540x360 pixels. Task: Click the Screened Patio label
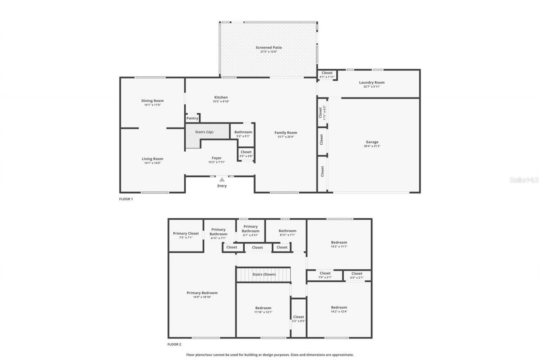(268, 48)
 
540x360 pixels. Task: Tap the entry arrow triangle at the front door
(222, 180)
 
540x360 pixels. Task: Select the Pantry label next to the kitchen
(192, 119)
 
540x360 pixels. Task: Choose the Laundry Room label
(372, 83)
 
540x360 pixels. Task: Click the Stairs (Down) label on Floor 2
(264, 274)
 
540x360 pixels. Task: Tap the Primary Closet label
(186, 233)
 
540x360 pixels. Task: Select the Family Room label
(286, 133)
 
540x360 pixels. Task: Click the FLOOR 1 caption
(126, 199)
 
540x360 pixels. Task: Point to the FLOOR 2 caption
(174, 344)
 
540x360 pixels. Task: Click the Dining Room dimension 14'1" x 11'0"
(152, 105)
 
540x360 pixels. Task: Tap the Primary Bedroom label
(202, 293)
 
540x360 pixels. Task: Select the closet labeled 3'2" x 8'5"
(298, 319)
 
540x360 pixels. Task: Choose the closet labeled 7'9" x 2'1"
(325, 275)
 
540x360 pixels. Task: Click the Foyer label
(216, 158)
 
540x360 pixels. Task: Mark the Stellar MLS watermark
(524, 180)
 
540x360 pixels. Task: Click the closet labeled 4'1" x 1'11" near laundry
(327, 75)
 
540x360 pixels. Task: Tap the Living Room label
(152, 159)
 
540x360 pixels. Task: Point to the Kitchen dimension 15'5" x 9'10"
(221, 102)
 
